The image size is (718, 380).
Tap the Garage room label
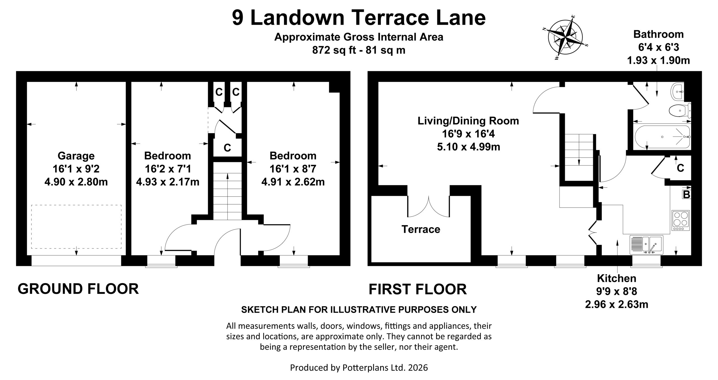click(76, 156)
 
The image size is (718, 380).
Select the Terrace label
click(421, 229)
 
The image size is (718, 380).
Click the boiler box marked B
click(686, 194)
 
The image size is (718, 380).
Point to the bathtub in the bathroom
click(662, 137)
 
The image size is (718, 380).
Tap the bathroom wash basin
click(678, 91)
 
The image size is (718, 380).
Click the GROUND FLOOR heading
click(78, 289)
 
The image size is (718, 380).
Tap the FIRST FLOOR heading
click(418, 289)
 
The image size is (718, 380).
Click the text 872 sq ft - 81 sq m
click(359, 50)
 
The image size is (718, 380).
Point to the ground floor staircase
click(227, 191)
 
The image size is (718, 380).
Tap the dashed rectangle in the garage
click(76, 227)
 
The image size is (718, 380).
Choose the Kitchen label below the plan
click(616, 278)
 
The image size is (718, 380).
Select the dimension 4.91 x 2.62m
click(293, 182)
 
